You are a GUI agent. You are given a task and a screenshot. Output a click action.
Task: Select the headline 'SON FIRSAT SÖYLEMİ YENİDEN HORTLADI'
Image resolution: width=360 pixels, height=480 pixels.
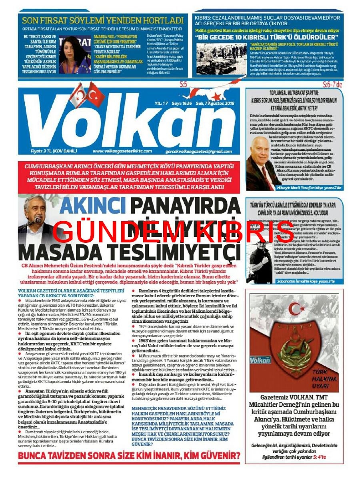tap(102, 20)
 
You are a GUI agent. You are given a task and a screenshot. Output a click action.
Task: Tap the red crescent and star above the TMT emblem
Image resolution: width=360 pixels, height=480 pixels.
tap(296, 308)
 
